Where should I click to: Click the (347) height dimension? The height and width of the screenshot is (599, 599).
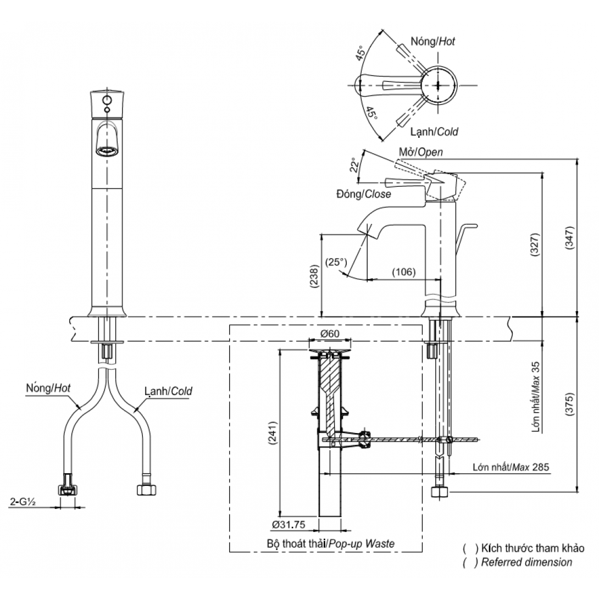pos(570,240)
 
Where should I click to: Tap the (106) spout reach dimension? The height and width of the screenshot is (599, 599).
pos(403,272)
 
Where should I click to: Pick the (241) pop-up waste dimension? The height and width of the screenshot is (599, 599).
pos(273,435)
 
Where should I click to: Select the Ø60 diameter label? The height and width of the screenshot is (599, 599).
pos(330,334)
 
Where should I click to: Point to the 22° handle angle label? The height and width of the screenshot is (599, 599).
pos(355,165)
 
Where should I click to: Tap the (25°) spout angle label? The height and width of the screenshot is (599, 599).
pos(336,262)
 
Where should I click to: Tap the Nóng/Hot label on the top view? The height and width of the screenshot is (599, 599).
pos(433,41)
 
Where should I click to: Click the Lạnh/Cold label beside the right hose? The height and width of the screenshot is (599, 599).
pos(168,391)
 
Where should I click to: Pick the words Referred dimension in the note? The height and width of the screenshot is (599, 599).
pos(526,562)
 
